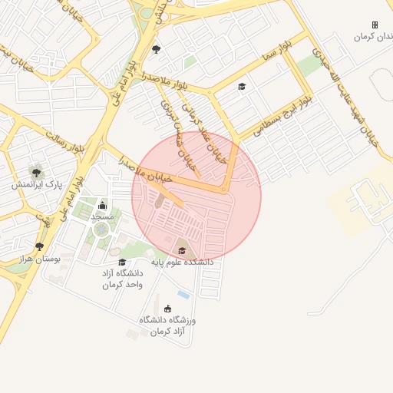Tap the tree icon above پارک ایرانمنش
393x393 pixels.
pyautogui.click(x=36, y=170)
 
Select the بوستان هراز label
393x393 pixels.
pyautogui.click(x=40, y=259)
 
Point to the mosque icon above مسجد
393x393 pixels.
pyautogui.click(x=102, y=205)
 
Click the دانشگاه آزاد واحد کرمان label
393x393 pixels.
pyautogui.click(x=122, y=279)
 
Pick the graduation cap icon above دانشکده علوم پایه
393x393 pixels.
pyautogui.click(x=182, y=250)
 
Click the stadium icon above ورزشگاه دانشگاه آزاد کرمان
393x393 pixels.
pyautogui.click(x=168, y=309)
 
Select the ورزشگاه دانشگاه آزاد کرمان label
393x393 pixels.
pyautogui.click(x=168, y=325)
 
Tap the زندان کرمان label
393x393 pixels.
pyautogui.click(x=375, y=37)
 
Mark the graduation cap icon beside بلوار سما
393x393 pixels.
pyautogui.click(x=242, y=86)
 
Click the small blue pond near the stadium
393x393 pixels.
pyautogui.click(x=183, y=294)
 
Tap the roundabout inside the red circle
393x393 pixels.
pyautogui.click(x=223, y=190)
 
